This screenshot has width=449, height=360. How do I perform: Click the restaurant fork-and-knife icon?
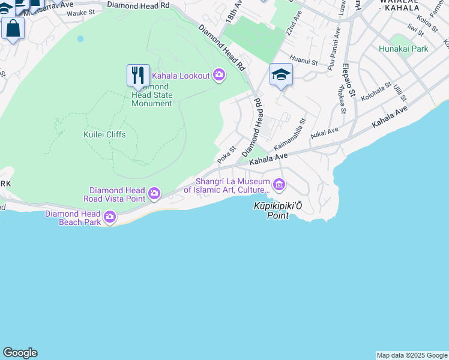point(138,75)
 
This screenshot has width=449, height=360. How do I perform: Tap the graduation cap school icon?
point(280,74)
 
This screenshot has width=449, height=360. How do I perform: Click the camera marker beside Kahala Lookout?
point(219,75)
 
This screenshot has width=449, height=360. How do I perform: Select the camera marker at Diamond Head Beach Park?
point(110,217)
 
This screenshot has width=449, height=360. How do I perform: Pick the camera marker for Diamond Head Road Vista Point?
point(154,193)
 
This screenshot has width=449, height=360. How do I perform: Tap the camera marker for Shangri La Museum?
point(278,184)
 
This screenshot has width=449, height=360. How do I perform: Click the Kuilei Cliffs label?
point(104,134)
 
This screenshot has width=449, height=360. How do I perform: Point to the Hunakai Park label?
point(403,49)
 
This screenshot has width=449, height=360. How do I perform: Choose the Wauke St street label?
point(80,13)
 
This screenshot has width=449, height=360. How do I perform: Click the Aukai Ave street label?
point(324,132)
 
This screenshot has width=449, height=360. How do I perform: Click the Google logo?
point(20,353)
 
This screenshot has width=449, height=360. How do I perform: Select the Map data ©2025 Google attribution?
point(412,355)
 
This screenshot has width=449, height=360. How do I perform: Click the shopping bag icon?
point(13,28)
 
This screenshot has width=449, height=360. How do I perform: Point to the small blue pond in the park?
point(80,39)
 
